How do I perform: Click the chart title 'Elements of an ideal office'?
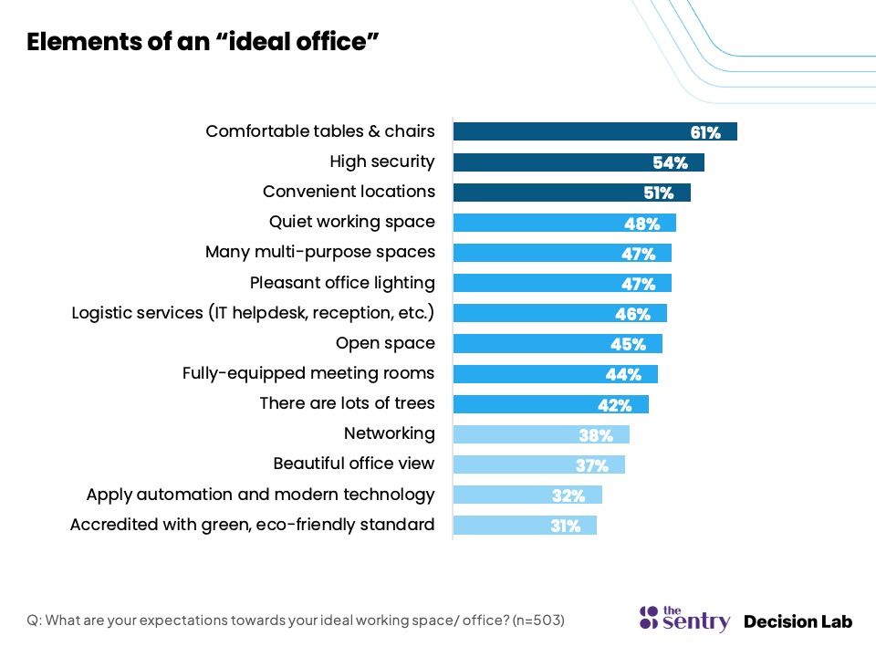click(203, 42)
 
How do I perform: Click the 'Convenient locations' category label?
click(349, 192)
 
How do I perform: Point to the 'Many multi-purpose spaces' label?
click(320, 252)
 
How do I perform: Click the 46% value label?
click(632, 315)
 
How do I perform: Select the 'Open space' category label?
click(385, 343)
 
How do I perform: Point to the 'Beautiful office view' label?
click(354, 464)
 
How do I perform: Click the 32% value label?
click(568, 495)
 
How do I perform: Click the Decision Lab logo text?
click(798, 621)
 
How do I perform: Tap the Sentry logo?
click(684, 619)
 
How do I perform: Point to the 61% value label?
click(705, 133)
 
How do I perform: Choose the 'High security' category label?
click(382, 162)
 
